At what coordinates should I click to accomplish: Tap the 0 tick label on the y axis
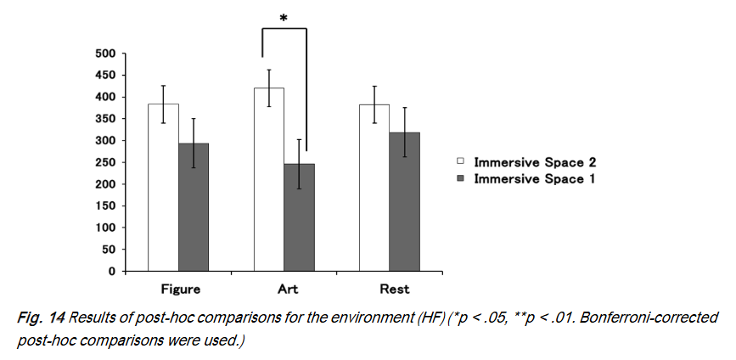(111, 272)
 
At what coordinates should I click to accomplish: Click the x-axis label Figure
(179, 290)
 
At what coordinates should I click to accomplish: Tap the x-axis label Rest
(395, 290)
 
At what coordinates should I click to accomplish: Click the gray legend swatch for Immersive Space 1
(461, 179)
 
